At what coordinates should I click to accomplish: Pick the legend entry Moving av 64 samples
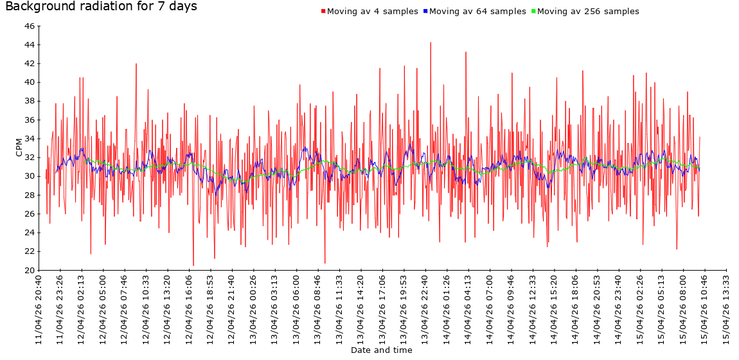click(477, 12)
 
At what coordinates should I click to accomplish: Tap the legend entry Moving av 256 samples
click(588, 12)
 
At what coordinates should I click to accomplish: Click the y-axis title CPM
click(19, 148)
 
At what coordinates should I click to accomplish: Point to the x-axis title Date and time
click(382, 350)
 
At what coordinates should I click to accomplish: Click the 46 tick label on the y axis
click(30, 26)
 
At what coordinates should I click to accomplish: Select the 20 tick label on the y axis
click(30, 271)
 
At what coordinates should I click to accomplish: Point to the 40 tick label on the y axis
click(30, 82)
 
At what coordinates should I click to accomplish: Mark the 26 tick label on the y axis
click(30, 214)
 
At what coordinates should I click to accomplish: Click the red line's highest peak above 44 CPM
click(431, 42)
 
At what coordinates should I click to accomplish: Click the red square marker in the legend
click(323, 12)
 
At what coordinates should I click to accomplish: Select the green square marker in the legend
click(533, 12)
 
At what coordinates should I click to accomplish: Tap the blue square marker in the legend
click(425, 12)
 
